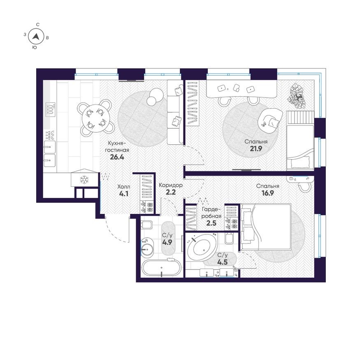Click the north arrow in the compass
[37, 36]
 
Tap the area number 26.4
[116, 156]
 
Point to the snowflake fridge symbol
[84, 180]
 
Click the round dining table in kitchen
[96, 117]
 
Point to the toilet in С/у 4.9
[147, 225]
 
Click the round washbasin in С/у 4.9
[146, 248]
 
